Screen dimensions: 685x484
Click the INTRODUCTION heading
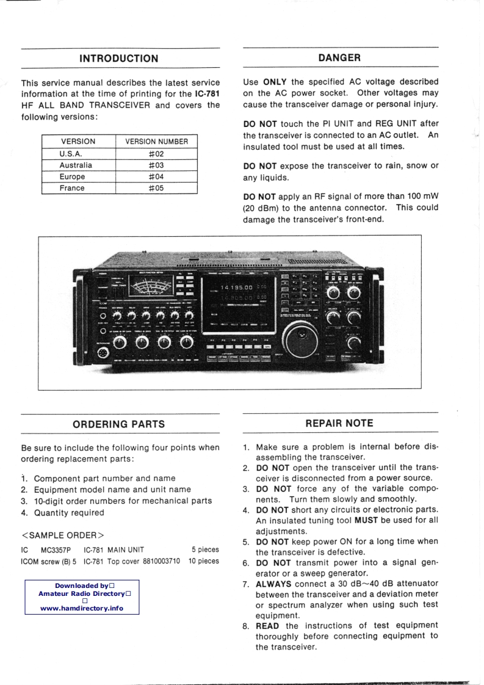coord(119,59)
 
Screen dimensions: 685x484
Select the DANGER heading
coord(339,57)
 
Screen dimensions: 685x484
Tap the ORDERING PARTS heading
coord(119,424)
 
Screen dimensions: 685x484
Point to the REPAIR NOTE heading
coord(339,422)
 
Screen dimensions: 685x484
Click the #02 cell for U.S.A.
coord(156,154)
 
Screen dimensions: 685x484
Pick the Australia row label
coord(76,165)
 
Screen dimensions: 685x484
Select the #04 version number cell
coord(156,176)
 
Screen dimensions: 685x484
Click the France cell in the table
coord(72,188)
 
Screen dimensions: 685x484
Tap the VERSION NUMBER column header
coord(156,142)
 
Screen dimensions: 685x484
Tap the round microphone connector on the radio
coord(103,353)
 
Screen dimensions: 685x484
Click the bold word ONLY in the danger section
coord(274,81)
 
